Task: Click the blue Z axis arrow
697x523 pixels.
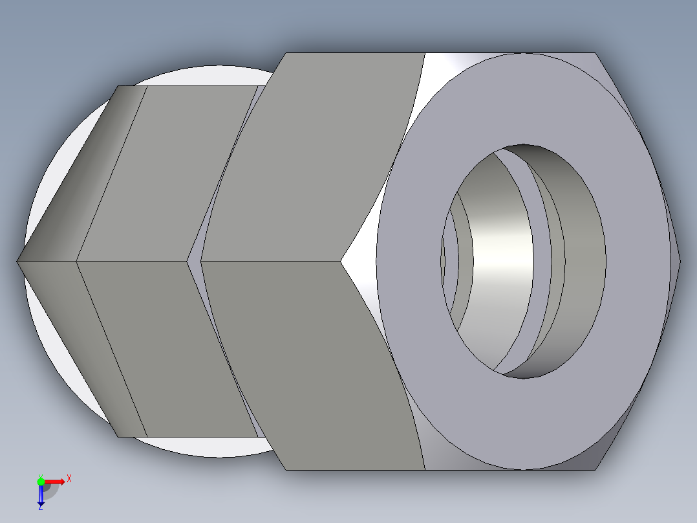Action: point(41,495)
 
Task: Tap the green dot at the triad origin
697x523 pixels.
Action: point(41,481)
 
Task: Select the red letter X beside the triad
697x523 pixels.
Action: point(69,479)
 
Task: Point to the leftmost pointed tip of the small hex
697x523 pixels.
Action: point(17,261)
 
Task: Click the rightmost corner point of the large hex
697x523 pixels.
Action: point(680,261)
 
